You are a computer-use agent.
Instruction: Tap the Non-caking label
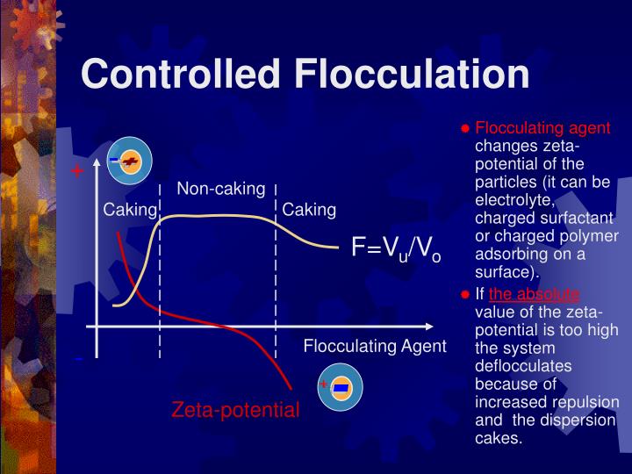pyautogui.click(x=221, y=189)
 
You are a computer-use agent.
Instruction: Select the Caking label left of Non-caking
pyautogui.click(x=130, y=210)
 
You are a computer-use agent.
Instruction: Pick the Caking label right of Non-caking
pyautogui.click(x=309, y=210)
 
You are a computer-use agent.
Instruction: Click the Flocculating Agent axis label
pyautogui.click(x=375, y=346)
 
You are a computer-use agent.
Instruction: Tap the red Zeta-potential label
pyautogui.click(x=235, y=409)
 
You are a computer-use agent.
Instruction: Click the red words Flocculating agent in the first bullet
pyautogui.click(x=542, y=128)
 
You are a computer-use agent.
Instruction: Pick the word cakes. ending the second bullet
pyautogui.click(x=498, y=437)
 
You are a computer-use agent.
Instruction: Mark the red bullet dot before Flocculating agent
pyautogui.click(x=466, y=128)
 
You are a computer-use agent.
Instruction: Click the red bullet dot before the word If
pyautogui.click(x=466, y=295)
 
